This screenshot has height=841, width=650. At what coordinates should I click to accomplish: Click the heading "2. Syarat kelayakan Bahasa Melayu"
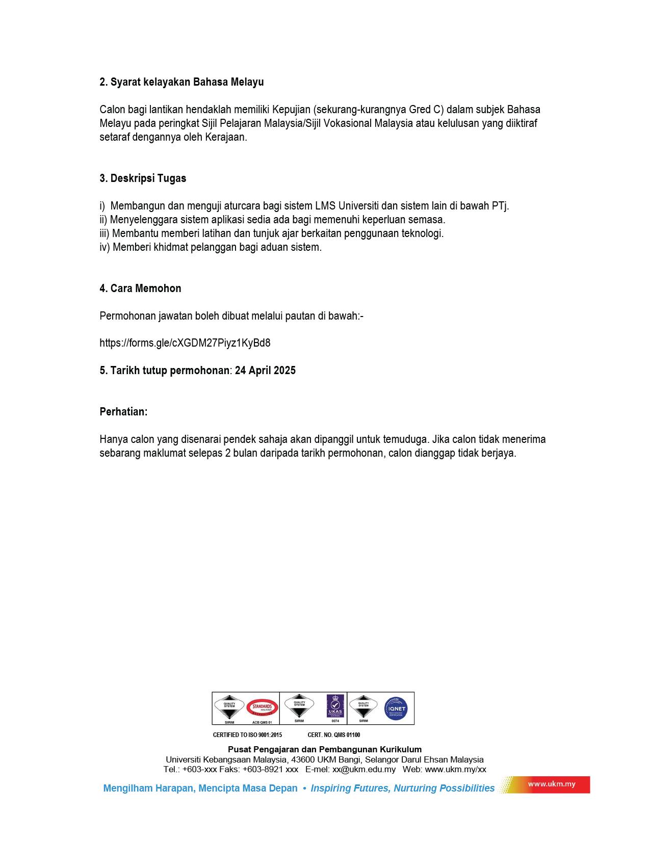point(181,82)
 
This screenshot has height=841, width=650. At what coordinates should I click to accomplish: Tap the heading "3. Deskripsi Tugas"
point(143,178)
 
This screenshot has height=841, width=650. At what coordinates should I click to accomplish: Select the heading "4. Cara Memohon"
point(140,288)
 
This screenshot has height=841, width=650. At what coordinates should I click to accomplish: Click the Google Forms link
point(185,343)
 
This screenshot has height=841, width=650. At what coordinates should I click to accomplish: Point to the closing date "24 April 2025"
point(265,371)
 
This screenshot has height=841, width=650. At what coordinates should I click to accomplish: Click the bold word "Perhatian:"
point(123,412)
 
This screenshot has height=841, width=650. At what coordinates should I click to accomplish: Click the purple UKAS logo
point(335,706)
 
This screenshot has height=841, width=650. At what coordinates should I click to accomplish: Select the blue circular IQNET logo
point(396,708)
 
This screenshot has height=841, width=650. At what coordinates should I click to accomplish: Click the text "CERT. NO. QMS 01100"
point(334,735)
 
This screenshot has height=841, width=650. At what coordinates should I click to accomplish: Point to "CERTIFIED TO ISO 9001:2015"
point(247,735)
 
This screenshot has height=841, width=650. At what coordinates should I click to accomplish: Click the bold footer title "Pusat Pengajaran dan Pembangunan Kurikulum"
point(325,749)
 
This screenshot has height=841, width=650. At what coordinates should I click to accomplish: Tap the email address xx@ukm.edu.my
point(364,770)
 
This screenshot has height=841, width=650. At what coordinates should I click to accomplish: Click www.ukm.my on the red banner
point(552,784)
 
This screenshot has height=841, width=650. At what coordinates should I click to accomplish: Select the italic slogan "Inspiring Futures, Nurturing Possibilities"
point(403,789)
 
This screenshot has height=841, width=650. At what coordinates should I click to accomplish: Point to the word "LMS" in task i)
point(325,206)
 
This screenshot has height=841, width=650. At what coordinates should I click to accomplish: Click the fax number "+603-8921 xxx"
point(270,770)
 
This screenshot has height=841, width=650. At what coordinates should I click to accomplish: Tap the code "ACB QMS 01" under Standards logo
point(262,722)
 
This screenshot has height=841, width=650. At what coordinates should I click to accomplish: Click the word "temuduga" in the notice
point(410,439)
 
